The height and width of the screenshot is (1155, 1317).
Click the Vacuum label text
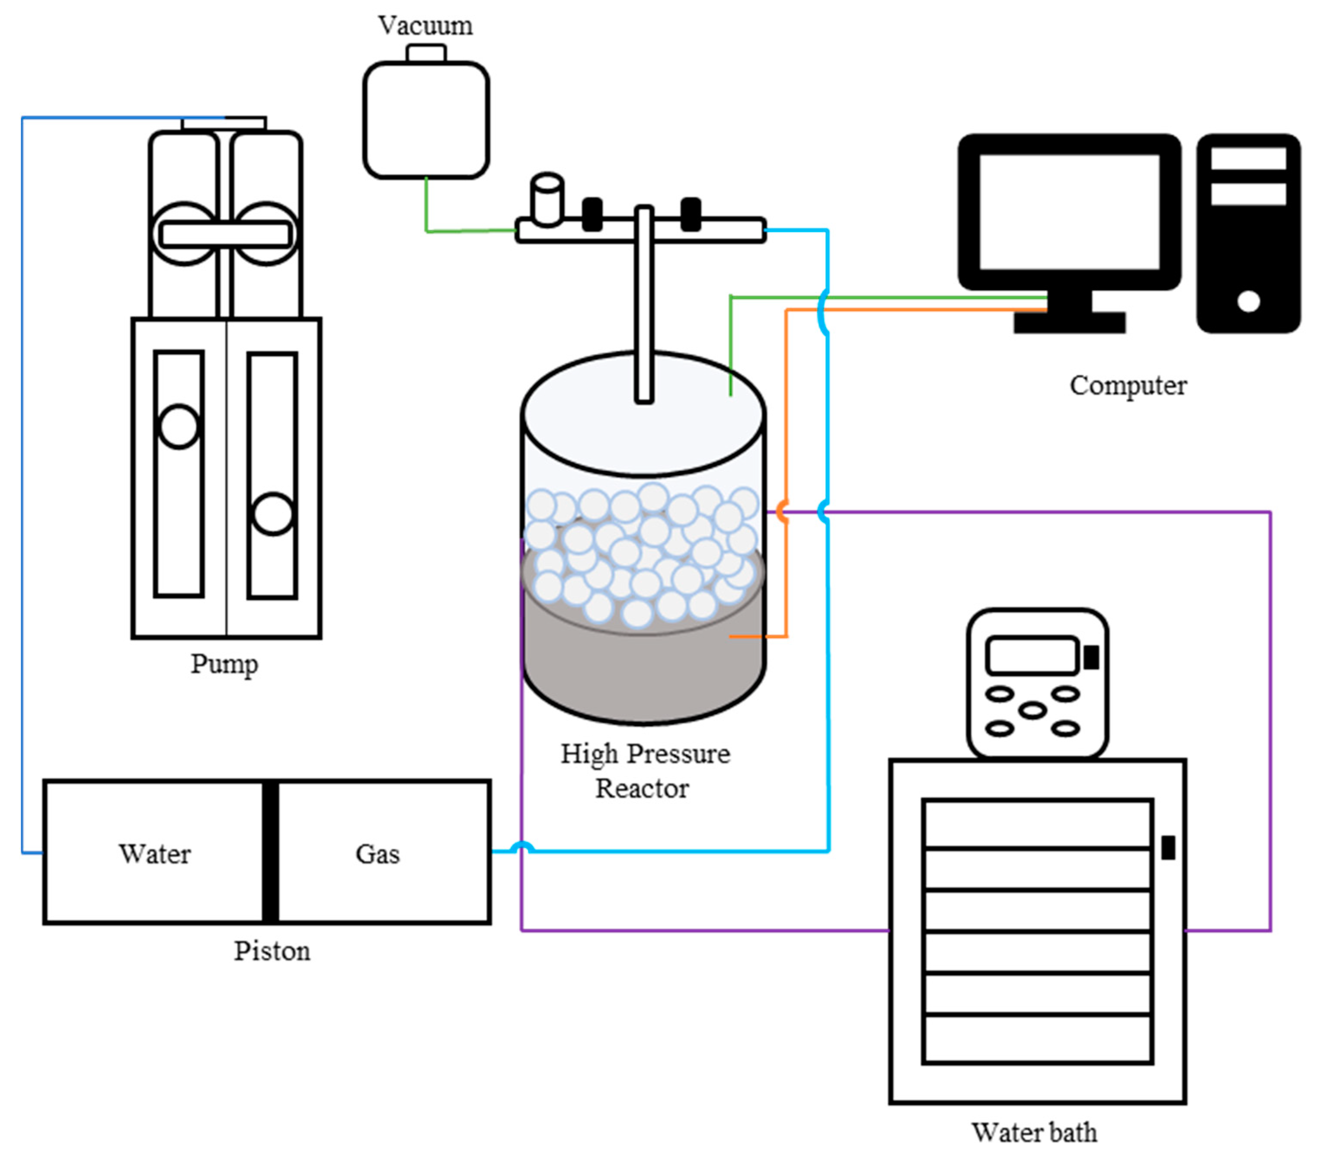[x=425, y=26]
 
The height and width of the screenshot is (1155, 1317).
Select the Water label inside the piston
[x=155, y=854]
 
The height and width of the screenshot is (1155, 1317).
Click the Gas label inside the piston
[x=377, y=854]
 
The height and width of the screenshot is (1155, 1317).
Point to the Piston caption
[x=272, y=951]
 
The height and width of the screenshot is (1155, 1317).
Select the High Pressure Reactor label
[x=645, y=771]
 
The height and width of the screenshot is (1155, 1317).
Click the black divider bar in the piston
[x=271, y=852]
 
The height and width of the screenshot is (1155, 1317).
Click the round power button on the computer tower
[x=1249, y=301]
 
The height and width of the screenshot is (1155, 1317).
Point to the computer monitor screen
[x=1070, y=211]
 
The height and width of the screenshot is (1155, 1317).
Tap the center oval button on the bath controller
[x=1033, y=711]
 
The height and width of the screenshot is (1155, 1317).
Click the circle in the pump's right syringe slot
[x=273, y=514]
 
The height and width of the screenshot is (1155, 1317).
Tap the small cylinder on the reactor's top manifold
[x=547, y=200]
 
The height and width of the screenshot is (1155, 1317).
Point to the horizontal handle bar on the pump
[x=226, y=234]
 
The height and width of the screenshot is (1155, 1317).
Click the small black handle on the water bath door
[x=1168, y=848]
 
